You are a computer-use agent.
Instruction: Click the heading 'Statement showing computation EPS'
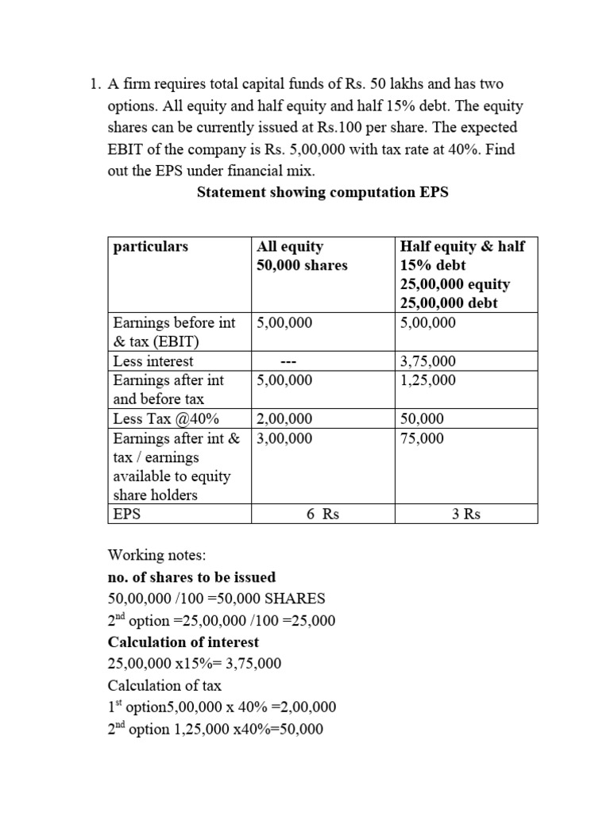(x=322, y=193)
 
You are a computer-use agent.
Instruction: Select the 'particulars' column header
(x=151, y=247)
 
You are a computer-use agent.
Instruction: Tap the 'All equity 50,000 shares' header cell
(x=302, y=256)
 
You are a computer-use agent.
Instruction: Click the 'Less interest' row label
(x=153, y=361)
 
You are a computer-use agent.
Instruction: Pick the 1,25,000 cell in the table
(x=428, y=380)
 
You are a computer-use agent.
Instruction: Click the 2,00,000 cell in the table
(x=284, y=418)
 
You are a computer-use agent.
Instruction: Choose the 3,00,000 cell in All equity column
(x=284, y=438)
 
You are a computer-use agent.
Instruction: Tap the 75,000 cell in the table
(x=423, y=438)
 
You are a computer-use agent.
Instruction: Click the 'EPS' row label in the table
(x=126, y=514)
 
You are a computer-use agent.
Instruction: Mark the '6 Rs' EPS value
(x=322, y=514)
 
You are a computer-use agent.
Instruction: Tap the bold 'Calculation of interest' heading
(x=183, y=642)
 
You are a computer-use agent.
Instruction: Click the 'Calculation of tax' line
(x=164, y=685)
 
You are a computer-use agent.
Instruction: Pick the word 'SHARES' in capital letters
(x=297, y=599)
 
